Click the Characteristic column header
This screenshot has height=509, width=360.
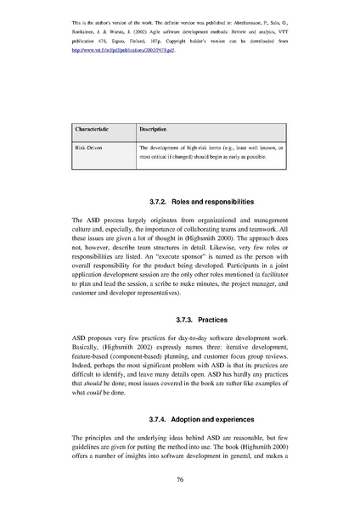point(95,128)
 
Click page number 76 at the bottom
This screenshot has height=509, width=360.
point(180,478)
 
